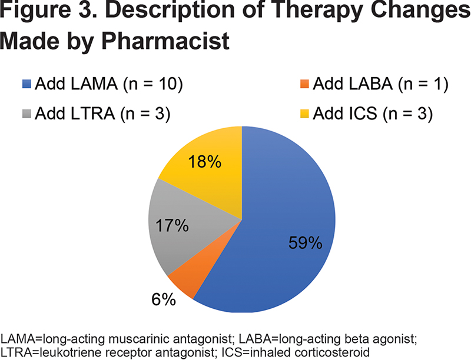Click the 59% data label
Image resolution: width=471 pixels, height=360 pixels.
305,243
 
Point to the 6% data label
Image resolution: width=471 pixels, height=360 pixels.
164,299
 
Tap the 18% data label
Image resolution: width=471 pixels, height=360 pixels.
204,162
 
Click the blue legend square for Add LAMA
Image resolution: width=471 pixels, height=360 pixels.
26,84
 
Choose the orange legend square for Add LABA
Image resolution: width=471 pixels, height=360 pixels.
304,84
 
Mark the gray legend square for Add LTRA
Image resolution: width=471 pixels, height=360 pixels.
26,114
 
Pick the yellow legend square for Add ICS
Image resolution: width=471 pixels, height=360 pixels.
304,114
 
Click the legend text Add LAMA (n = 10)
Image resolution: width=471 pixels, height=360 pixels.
109,84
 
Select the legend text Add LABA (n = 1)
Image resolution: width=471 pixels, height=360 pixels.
380,84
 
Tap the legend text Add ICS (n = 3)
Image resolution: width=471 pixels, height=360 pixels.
373,114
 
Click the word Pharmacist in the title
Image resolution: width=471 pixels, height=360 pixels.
165,41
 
